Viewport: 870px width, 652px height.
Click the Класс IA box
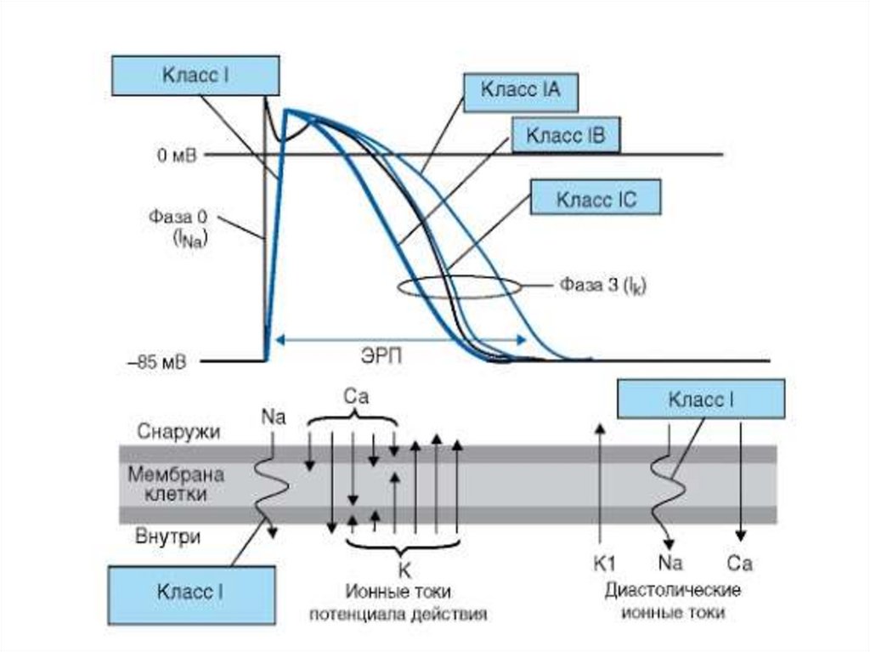pyautogui.click(x=521, y=91)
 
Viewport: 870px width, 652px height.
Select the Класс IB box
pyautogui.click(x=565, y=136)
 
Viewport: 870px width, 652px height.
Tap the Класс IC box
pyautogui.click(x=595, y=200)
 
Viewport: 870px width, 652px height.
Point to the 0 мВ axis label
pyautogui.click(x=176, y=155)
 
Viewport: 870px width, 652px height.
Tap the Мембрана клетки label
pyautogui.click(x=168, y=483)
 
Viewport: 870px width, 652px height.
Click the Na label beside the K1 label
pyautogui.click(x=670, y=561)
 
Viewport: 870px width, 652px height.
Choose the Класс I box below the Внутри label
pyautogui.click(x=191, y=593)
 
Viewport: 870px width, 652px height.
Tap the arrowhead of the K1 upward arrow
pyautogui.click(x=601, y=428)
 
